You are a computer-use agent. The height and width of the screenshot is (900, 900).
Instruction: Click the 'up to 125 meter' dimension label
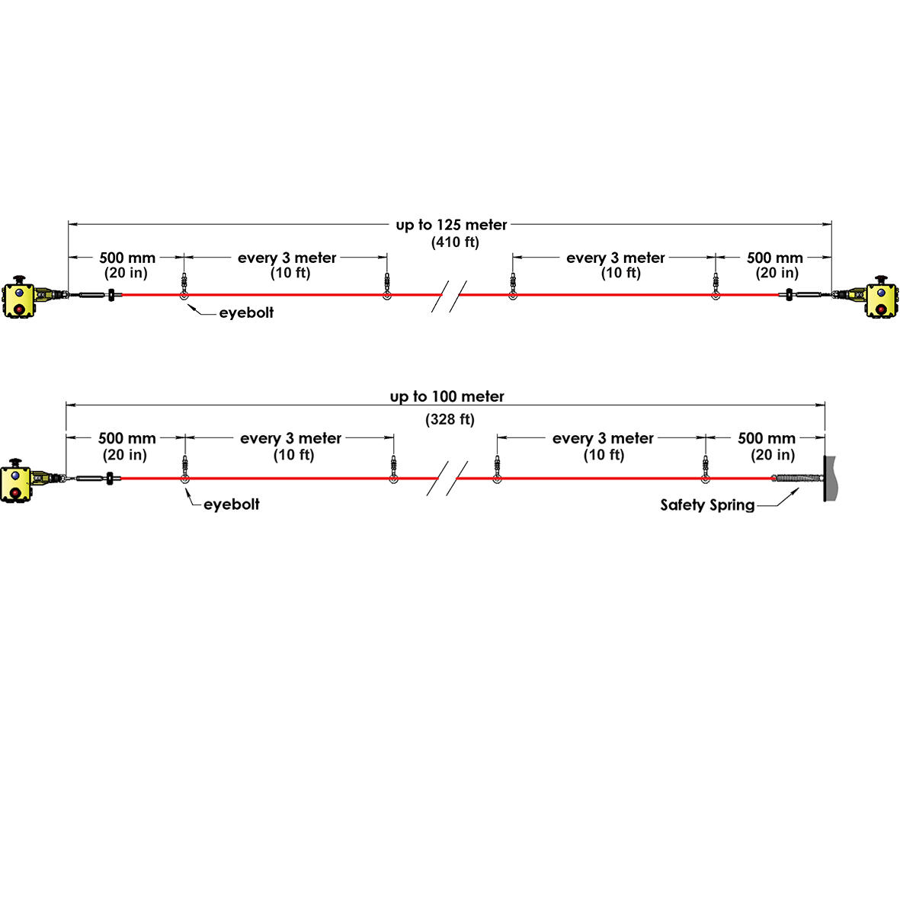click(x=451, y=225)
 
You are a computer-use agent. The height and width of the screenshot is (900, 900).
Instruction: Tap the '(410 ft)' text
click(x=455, y=242)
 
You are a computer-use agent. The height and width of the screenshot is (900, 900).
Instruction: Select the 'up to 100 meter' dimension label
click(x=447, y=396)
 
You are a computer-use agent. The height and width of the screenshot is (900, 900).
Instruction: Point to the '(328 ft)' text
click(x=450, y=420)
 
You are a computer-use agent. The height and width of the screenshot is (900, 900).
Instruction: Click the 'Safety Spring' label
click(x=707, y=505)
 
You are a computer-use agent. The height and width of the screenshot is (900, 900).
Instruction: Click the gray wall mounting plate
click(x=829, y=478)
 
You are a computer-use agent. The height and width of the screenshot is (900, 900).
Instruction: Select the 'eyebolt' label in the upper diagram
click(x=246, y=312)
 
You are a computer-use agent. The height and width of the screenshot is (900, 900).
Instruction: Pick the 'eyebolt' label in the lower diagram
click(x=232, y=504)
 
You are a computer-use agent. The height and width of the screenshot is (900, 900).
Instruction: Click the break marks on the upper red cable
click(x=450, y=296)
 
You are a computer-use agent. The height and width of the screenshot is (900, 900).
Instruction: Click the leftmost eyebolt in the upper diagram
click(x=184, y=287)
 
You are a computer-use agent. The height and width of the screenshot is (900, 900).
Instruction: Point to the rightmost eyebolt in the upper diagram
click(x=715, y=287)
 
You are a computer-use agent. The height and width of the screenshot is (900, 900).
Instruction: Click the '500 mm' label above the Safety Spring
click(x=767, y=438)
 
